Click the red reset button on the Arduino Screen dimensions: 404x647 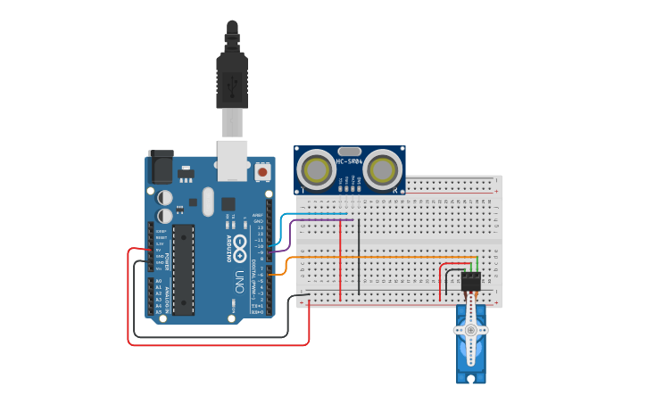[x=262, y=169]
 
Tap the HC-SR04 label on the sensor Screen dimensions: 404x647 [x=348, y=161]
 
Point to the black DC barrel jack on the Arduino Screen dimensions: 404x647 [x=161, y=166]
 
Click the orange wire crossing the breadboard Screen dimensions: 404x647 [x=375, y=258]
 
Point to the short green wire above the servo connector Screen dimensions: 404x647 [x=478, y=264]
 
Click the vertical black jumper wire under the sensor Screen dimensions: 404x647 [x=359, y=259]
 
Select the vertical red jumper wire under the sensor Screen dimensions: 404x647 [x=341, y=259]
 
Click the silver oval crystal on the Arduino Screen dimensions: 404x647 [x=209, y=201]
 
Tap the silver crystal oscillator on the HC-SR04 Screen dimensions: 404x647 [x=349, y=152]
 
